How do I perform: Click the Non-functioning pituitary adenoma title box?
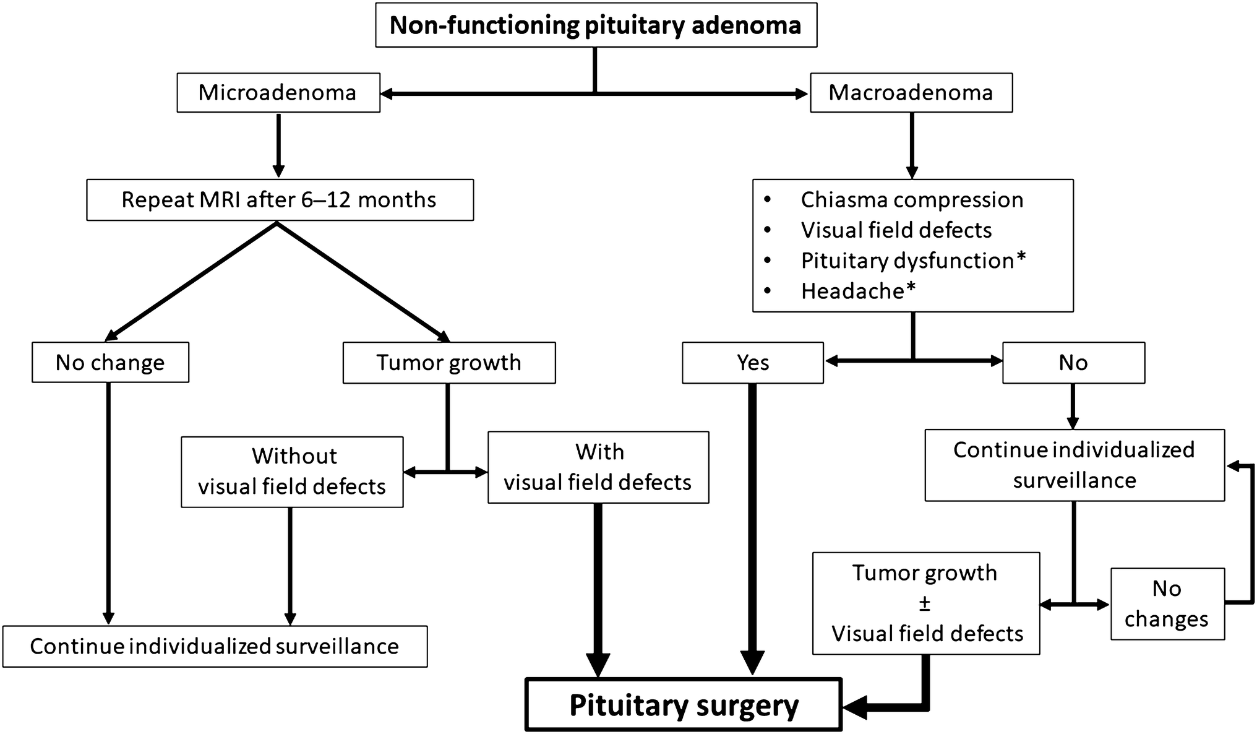[596, 25]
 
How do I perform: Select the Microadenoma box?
[278, 93]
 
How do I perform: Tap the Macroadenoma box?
[911, 93]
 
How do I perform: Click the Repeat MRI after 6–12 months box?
[279, 200]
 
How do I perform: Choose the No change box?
[110, 363]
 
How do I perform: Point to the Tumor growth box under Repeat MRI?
[448, 363]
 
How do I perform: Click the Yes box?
[752, 363]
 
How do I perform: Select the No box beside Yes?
[1073, 363]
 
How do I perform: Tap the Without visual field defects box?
[292, 472]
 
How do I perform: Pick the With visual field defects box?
[598, 467]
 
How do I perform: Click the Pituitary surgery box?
[683, 706]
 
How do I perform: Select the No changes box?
[1167, 603]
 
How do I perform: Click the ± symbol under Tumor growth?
[925, 603]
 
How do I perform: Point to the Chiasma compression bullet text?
[912, 200]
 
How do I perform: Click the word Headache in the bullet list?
[852, 291]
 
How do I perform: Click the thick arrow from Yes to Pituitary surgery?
[752, 526]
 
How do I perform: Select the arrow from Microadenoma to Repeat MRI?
[278, 145]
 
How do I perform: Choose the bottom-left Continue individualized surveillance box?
[215, 647]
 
